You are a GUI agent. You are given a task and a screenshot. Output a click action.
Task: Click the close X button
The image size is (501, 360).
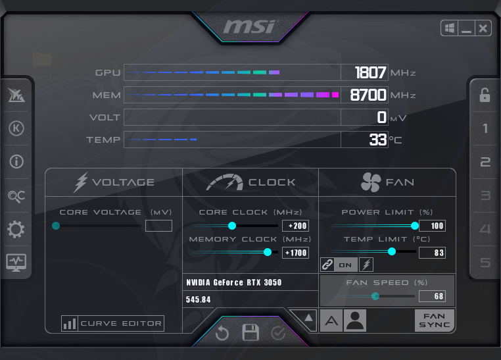tap(483, 28)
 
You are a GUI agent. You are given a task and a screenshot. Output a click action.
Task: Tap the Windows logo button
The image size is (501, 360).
tap(450, 28)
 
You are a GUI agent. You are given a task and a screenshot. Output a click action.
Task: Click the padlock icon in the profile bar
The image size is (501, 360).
tap(485, 95)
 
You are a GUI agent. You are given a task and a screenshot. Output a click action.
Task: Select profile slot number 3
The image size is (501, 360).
tap(485, 195)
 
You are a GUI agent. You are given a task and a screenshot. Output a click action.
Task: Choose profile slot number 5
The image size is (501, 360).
tap(485, 263)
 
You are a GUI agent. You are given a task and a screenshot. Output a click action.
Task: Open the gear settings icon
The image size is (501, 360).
tap(16, 229)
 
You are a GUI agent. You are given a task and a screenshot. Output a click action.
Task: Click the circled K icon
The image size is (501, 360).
tap(16, 128)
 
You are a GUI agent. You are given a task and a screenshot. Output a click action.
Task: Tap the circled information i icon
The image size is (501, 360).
tap(16, 161)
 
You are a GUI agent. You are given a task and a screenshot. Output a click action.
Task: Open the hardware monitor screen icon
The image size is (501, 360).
tap(16, 263)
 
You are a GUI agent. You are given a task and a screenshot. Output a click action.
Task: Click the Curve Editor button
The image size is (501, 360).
tap(113, 323)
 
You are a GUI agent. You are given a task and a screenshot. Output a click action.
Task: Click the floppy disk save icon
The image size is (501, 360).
tap(251, 332)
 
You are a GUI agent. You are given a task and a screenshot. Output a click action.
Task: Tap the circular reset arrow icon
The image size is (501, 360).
tap(222, 334)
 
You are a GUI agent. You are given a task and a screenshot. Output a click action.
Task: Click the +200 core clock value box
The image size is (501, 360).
tap(296, 226)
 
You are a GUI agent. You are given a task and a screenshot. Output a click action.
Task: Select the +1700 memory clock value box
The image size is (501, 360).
tap(296, 253)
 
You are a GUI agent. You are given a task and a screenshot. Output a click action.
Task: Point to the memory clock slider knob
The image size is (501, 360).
tap(268, 252)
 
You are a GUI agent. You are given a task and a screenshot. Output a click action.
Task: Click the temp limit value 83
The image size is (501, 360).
tap(433, 253)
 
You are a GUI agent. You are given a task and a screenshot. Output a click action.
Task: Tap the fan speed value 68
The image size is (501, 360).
tap(433, 296)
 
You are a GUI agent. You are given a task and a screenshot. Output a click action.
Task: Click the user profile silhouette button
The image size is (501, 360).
tap(355, 321)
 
